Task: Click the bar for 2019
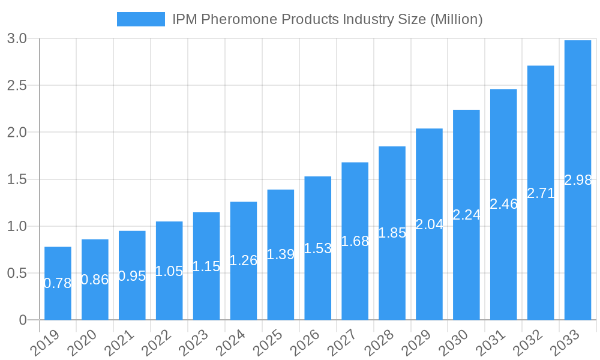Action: [58, 283]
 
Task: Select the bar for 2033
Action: [578, 180]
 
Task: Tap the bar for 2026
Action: [318, 248]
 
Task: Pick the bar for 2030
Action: [466, 215]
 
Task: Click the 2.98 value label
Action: [578, 180]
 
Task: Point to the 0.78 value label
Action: [58, 283]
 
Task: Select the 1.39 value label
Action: [281, 254]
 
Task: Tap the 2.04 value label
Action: [429, 224]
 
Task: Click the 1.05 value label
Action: [169, 271]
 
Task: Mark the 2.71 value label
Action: [541, 193]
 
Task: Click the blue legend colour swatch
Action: [140, 19]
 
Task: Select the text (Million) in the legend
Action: [456, 19]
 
